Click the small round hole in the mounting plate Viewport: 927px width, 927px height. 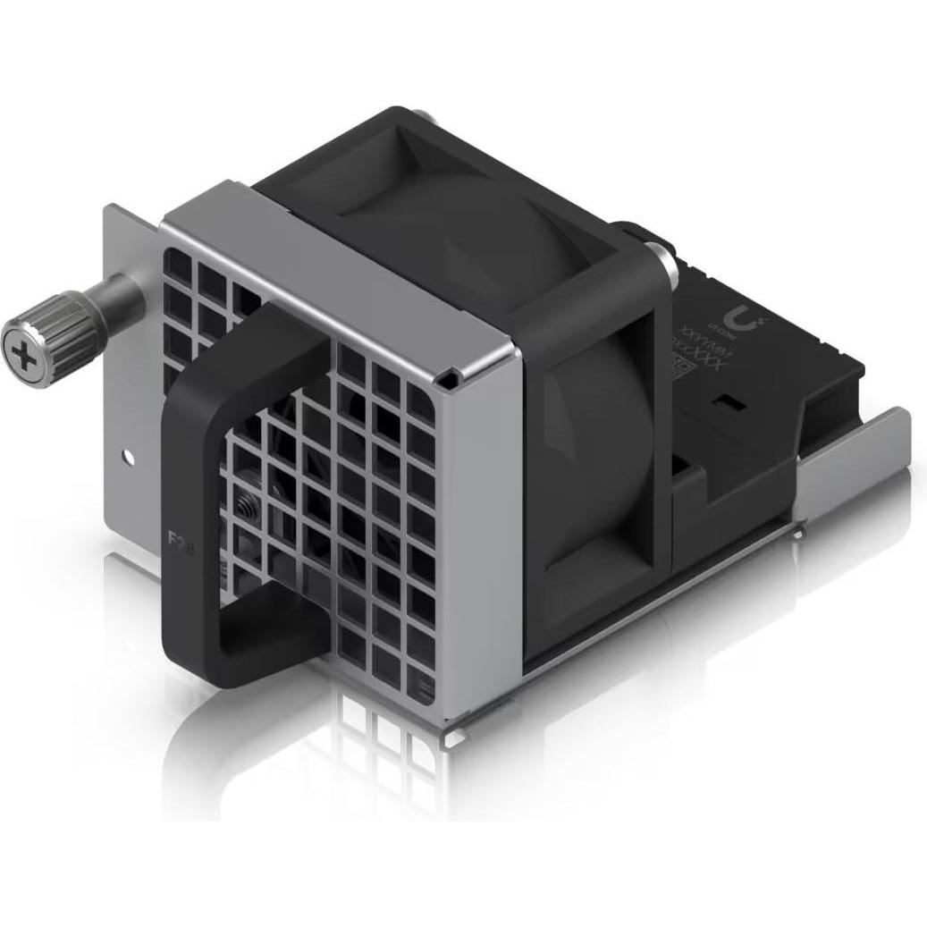coord(129,457)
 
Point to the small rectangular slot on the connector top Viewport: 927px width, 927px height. coord(739,404)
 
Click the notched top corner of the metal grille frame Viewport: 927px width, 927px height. coord(451,379)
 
